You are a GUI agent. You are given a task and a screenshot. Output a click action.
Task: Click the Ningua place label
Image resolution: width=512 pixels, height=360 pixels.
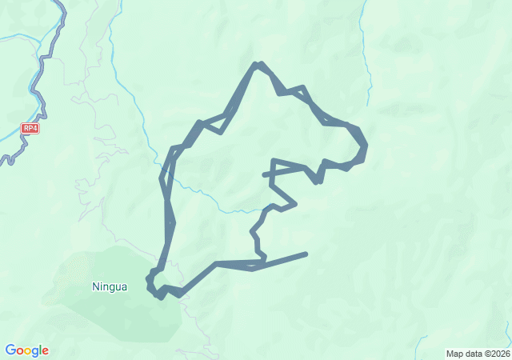tap(110, 286)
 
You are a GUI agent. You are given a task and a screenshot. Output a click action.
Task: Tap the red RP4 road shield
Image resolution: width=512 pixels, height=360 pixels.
tap(30, 127)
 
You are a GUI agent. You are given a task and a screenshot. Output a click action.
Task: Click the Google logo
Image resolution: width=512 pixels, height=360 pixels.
tap(26, 350)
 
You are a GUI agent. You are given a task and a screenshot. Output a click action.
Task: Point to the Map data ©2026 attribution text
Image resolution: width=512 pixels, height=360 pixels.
tap(477, 354)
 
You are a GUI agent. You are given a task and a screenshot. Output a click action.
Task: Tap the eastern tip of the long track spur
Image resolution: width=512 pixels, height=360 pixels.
tap(306, 254)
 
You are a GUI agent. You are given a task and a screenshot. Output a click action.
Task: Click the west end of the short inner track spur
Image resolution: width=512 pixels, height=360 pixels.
tap(264, 174)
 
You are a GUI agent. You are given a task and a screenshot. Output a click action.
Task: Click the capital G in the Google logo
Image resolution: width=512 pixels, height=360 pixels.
tap(10, 350)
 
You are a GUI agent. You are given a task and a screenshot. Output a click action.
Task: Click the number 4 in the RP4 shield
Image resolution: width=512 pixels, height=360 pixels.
tap(35, 127)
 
